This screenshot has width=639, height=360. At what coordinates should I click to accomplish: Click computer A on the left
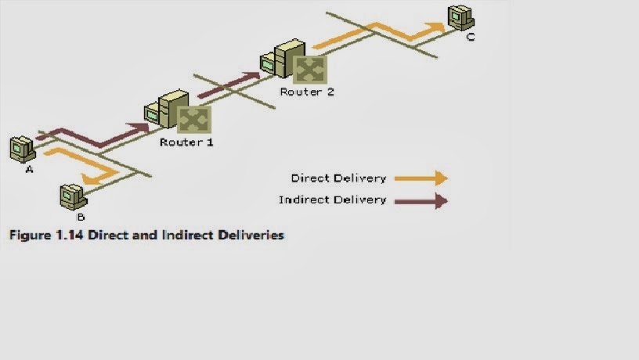coord(21,148)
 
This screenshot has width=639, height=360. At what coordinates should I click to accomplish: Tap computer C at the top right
coord(460,16)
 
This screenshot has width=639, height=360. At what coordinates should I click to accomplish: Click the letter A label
coord(30,169)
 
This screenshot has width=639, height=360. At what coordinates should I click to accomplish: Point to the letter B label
coord(81,217)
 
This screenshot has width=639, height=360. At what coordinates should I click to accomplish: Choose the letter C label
coord(470,36)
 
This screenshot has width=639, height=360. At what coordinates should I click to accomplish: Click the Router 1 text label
coord(186,142)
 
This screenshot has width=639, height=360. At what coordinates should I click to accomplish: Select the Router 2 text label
coord(307,92)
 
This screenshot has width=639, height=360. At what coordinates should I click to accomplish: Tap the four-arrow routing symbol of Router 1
coord(191,120)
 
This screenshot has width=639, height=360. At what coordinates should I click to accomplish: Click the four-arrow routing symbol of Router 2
coord(309,69)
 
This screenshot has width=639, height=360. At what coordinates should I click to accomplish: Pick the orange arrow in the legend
coord(421,178)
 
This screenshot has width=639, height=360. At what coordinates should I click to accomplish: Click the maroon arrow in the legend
coord(421,201)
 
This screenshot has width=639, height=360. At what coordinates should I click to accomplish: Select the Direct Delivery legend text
coord(338,178)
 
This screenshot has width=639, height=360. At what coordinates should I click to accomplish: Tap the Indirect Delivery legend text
coord(333,200)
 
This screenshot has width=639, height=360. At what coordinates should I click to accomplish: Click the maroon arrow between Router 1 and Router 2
coord(228,85)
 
